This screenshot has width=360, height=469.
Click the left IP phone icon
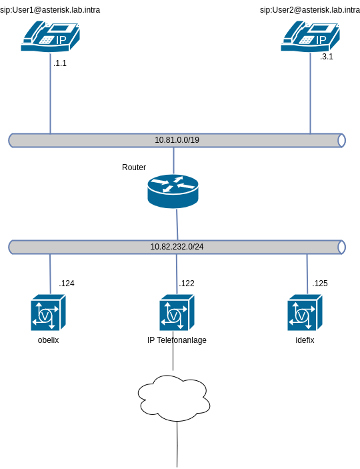click(50, 36)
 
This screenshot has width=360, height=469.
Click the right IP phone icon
click(310, 36)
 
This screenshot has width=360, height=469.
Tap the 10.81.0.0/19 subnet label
click(177, 140)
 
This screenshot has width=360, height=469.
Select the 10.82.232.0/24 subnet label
click(177, 247)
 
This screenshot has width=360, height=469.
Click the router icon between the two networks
click(173, 191)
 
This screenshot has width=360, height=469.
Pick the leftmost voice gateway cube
click(48, 313)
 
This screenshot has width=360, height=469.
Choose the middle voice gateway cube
click(177, 313)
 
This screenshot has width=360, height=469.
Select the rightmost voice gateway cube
click(305, 313)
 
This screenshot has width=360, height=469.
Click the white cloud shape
click(174, 398)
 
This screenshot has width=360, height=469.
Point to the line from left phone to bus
click(50, 93)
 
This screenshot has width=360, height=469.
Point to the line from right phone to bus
click(310, 93)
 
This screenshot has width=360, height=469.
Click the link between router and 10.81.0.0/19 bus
click(173, 160)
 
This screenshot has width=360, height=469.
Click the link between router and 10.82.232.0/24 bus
click(177, 225)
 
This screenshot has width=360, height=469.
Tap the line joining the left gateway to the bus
click(50, 274)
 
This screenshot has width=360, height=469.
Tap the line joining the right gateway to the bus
click(307, 274)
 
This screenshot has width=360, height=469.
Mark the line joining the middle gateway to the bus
click(177, 274)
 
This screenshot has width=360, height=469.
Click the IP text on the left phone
click(61, 41)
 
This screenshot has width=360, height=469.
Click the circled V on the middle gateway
click(173, 315)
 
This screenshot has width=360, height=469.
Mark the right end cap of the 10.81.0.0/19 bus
click(341, 140)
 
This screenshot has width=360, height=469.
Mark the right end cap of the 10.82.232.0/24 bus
click(341, 247)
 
